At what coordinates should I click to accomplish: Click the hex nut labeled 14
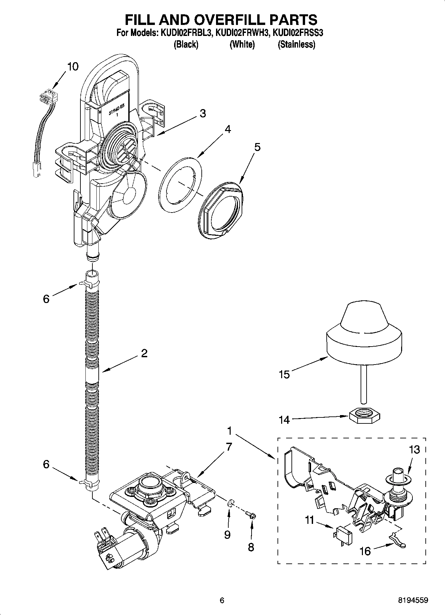[x=365, y=416]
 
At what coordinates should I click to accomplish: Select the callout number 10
[x=73, y=67]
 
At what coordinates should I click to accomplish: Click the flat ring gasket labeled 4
[x=180, y=184]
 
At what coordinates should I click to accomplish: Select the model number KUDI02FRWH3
[x=242, y=33]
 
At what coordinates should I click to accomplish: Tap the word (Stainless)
[x=296, y=44]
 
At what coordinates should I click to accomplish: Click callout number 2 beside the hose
[x=144, y=353]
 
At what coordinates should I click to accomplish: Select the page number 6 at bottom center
[x=222, y=601]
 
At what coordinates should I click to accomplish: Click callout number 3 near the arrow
[x=202, y=113]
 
